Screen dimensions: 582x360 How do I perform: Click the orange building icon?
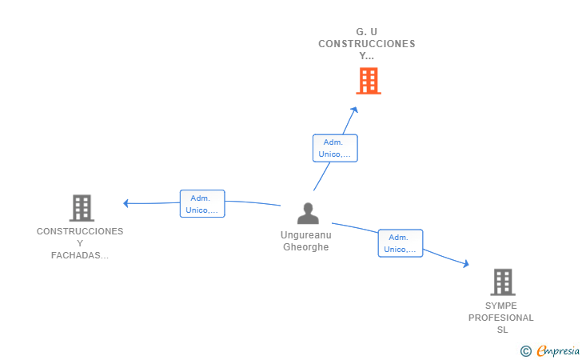[x=369, y=81]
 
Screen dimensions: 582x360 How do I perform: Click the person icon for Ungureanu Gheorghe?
[x=308, y=214]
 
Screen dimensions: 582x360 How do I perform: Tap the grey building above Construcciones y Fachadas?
[x=82, y=208]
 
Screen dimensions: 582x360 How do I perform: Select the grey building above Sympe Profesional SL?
[x=503, y=282]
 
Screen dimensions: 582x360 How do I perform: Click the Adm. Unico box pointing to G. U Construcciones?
[x=335, y=148]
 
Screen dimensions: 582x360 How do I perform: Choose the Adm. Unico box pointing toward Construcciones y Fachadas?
[x=202, y=203]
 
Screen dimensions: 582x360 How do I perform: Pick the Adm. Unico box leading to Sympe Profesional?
[x=401, y=243]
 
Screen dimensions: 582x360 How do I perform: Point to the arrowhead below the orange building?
[x=354, y=110]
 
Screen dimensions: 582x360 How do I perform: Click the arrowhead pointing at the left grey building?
[x=126, y=203]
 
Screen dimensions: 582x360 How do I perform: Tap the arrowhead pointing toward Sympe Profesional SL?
[x=466, y=263]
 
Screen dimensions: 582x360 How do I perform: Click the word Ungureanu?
[x=306, y=235]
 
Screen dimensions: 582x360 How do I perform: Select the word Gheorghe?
[x=306, y=247]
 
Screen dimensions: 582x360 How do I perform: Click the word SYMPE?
[x=501, y=306]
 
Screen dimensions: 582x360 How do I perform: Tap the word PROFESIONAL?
[x=501, y=318]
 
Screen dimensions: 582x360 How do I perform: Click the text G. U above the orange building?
[x=367, y=32]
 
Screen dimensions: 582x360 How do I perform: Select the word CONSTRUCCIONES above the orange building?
[x=367, y=44]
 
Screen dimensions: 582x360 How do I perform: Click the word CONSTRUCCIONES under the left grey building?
[x=80, y=231]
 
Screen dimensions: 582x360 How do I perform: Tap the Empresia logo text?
[x=558, y=350]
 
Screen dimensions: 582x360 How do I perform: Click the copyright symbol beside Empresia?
[x=526, y=351]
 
